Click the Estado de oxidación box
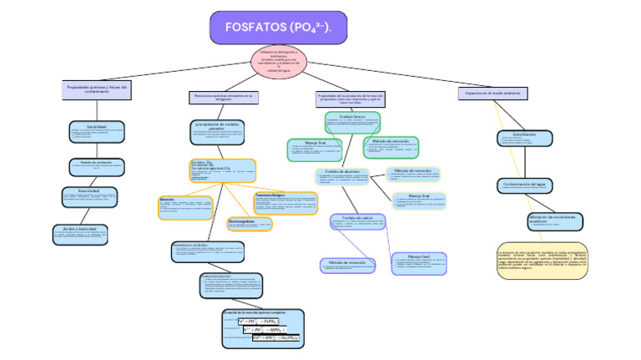[x=96, y=165]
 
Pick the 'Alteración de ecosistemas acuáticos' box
[x=536, y=220]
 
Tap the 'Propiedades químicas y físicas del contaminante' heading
[x=94, y=89]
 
